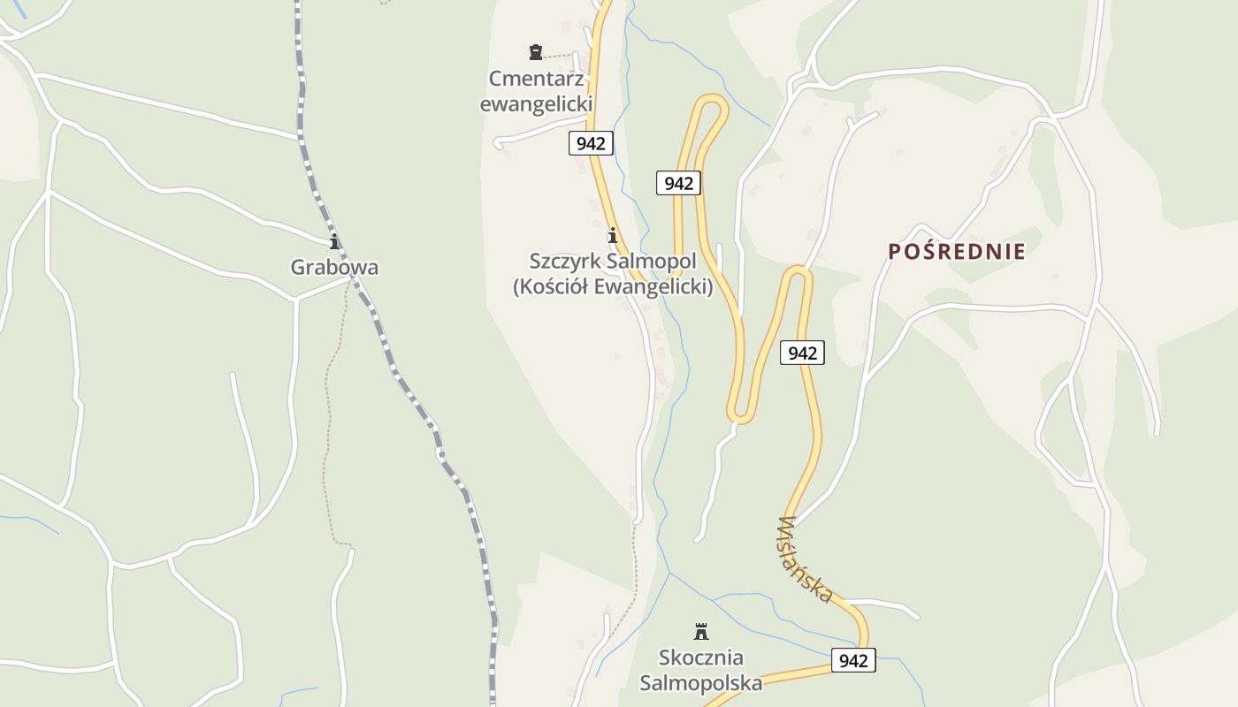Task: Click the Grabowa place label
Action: [334, 267]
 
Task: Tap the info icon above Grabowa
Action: [334, 241]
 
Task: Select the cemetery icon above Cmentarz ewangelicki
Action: [535, 52]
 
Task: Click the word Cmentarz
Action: [536, 79]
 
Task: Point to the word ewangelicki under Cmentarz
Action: [536, 104]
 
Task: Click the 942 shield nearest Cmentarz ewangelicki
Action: [590, 143]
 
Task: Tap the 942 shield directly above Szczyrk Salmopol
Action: [678, 183]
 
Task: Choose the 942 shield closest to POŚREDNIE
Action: [802, 353]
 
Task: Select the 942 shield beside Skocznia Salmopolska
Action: [853, 660]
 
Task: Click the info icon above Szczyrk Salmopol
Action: [612, 236]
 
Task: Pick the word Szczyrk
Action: [564, 262]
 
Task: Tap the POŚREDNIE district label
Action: [957, 252]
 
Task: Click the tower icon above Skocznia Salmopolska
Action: [701, 631]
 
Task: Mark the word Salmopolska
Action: [701, 683]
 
